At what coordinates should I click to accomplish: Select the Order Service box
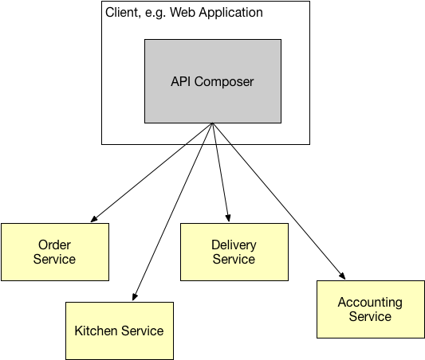tap(55, 252)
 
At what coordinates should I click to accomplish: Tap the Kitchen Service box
tap(119, 331)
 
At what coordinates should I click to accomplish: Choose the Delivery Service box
tap(234, 252)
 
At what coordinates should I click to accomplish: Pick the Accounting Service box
tap(370, 309)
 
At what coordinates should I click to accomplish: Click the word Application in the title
tap(229, 14)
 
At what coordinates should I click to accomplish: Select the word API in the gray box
tap(182, 81)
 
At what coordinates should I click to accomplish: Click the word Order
tap(55, 245)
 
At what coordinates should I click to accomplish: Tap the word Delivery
tap(234, 245)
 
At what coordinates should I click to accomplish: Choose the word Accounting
tap(370, 303)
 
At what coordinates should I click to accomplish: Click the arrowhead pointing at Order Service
tap(93, 220)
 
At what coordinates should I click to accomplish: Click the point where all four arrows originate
tap(212, 124)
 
